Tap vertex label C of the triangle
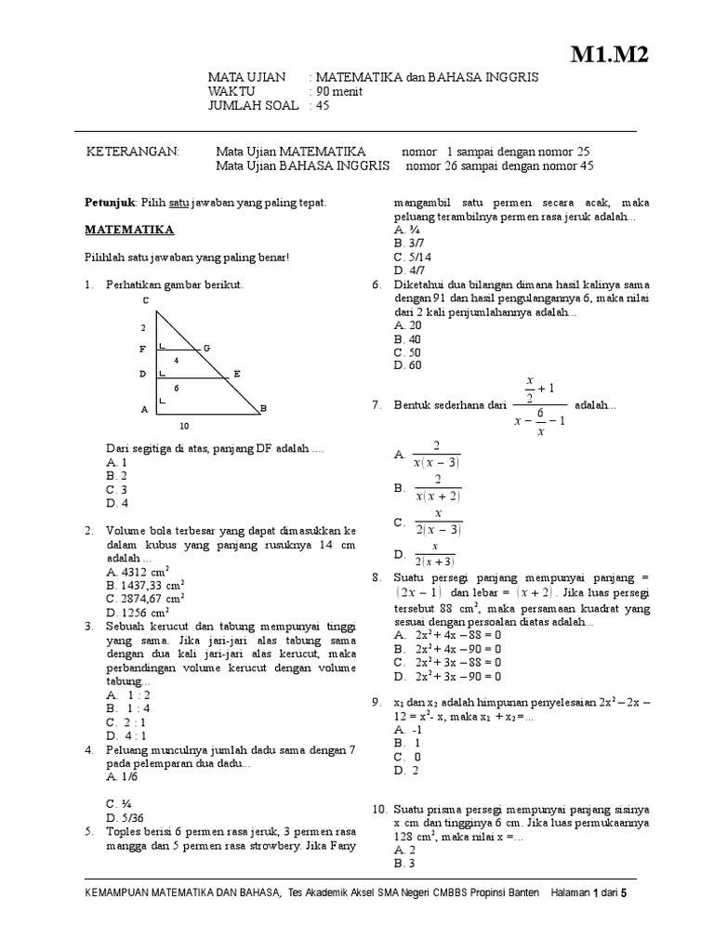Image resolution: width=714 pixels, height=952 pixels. click(145, 300)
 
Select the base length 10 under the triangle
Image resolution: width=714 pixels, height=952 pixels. click(184, 426)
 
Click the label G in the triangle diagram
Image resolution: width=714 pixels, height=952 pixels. click(206, 348)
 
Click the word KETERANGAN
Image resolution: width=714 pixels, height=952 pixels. click(130, 152)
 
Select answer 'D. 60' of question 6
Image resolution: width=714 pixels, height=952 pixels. click(407, 365)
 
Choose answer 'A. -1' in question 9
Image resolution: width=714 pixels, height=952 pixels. click(406, 730)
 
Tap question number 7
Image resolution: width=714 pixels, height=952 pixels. click(377, 406)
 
